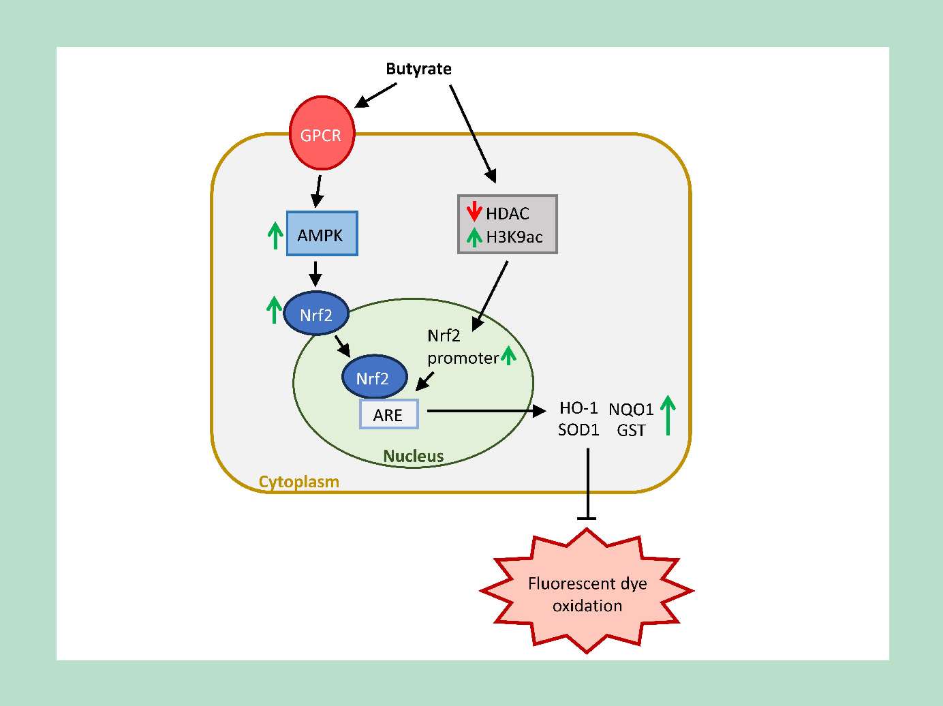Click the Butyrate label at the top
tap(418, 69)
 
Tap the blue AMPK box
tap(322, 234)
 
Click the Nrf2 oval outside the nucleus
tap(317, 315)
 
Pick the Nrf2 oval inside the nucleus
tap(373, 378)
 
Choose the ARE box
tap(388, 414)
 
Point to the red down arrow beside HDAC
tap(474, 212)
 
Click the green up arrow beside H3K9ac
tap(474, 236)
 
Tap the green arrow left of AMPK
tap(275, 235)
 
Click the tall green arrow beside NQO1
tap(668, 415)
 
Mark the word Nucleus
tap(414, 456)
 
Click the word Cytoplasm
tap(298, 482)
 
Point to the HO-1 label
tap(578, 408)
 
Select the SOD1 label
tap(578, 430)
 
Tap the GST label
tap(631, 430)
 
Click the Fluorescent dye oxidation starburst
tap(587, 594)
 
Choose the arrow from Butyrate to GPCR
tap(376, 95)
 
